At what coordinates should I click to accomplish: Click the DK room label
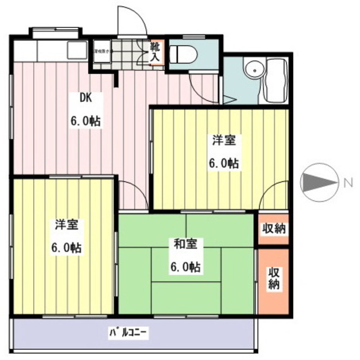85,97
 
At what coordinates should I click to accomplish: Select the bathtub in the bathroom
276,80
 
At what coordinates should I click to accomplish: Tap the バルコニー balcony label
128,332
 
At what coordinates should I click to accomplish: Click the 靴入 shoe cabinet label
155,52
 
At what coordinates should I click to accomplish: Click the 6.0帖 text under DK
85,120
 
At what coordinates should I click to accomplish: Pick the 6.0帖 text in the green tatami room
186,266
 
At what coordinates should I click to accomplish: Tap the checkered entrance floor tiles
128,55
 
